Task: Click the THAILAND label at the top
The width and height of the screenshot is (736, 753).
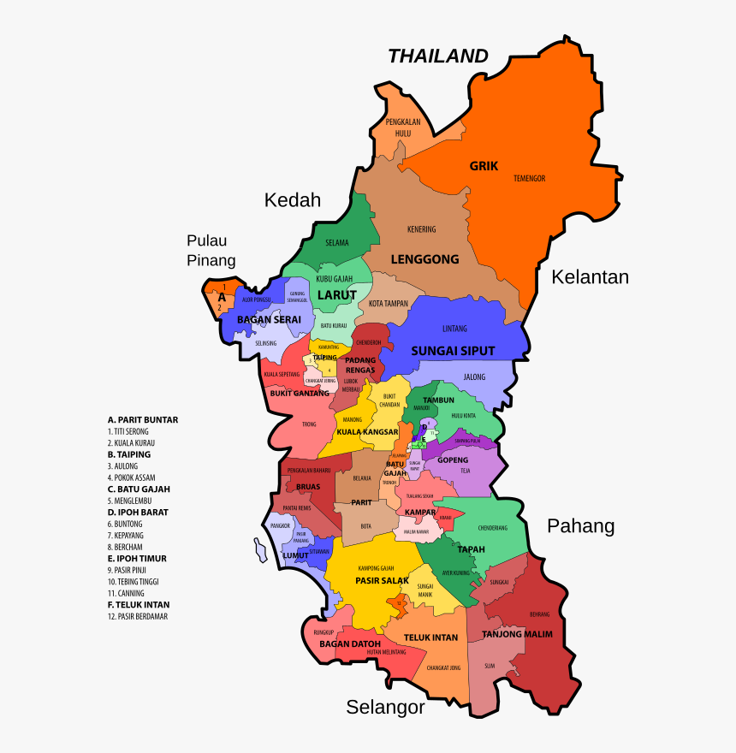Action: (x=438, y=56)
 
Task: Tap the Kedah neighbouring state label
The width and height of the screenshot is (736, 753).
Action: (x=292, y=200)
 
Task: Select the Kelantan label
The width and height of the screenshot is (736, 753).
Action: (x=590, y=277)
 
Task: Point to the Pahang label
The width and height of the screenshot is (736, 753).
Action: (x=581, y=525)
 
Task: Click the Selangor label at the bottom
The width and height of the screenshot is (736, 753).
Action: (x=385, y=707)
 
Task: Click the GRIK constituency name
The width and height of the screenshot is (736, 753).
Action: (x=484, y=166)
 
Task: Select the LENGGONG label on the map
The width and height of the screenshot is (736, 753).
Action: (x=424, y=258)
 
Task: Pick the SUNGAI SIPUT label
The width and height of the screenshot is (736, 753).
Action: (x=453, y=351)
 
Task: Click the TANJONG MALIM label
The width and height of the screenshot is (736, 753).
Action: (x=517, y=634)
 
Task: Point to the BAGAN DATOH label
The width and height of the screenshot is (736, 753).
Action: (x=349, y=643)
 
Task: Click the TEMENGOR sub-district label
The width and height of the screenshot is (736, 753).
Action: (x=529, y=178)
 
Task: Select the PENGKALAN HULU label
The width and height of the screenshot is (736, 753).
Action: (x=398, y=127)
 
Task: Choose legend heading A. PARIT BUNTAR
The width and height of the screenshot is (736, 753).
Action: (x=143, y=420)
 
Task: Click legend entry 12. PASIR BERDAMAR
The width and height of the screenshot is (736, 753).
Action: (x=138, y=616)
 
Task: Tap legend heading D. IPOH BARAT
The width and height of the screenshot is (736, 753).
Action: (x=138, y=513)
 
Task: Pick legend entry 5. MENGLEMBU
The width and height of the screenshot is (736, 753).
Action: (x=133, y=501)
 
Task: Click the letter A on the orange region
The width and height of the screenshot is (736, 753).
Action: (x=222, y=297)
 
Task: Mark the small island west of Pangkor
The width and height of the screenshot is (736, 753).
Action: (x=258, y=548)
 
